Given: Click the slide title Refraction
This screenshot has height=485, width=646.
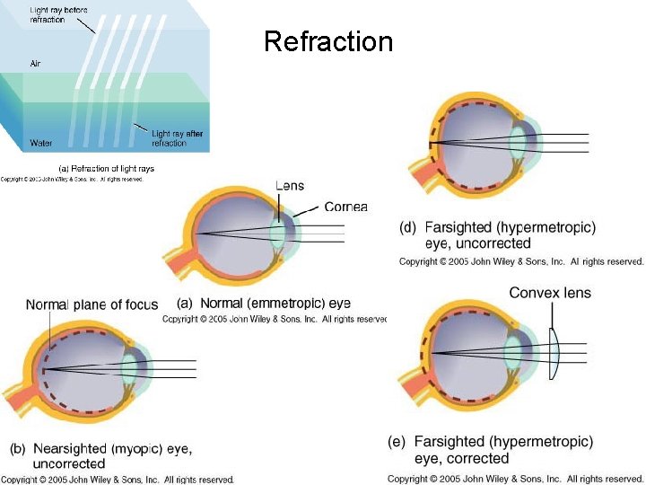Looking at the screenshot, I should coord(328,41).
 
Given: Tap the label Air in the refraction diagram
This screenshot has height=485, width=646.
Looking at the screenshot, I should coord(35,64).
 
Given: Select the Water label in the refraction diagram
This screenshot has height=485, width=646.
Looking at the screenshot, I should coord(41,142).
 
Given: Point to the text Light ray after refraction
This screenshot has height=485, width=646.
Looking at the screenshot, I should coord(177,138).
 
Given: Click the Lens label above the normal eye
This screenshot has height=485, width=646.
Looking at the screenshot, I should coord(290,186).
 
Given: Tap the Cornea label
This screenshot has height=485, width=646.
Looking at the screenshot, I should coord(345,207).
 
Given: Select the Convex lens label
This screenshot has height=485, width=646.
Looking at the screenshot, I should coord(550,293).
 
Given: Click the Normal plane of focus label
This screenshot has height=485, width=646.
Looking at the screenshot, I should coord(92,304).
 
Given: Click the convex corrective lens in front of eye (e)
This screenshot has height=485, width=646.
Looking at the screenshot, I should coord(557,350).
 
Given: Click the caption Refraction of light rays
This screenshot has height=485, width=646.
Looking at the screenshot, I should coord(106,168).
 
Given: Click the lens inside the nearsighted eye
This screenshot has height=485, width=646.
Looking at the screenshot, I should coord(132,367).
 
